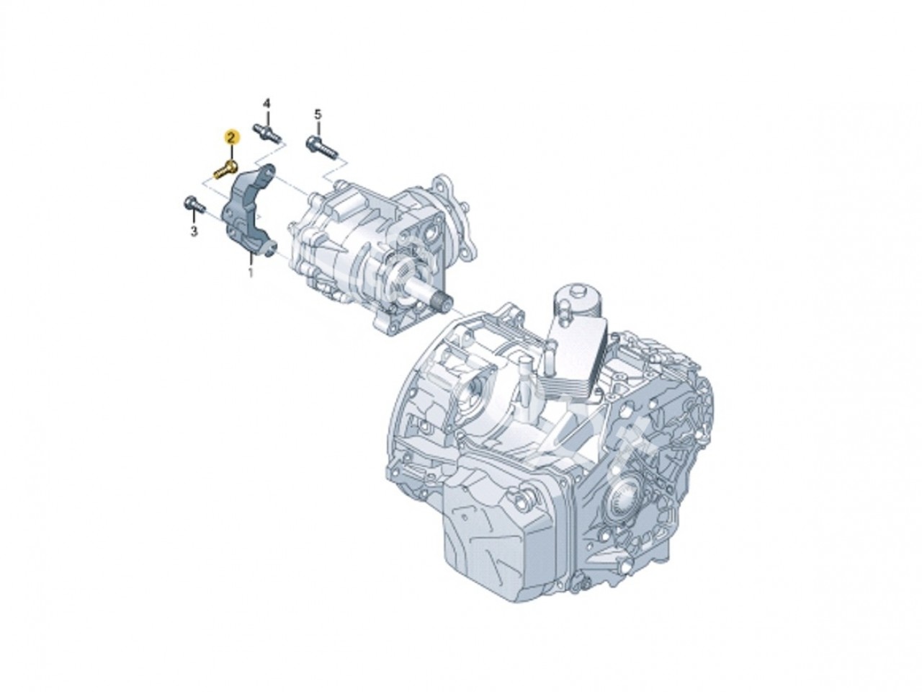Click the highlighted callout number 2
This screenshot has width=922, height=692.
[x=230, y=136]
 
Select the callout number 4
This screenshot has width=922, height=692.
[x=266, y=105]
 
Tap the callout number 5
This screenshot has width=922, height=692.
[x=317, y=114]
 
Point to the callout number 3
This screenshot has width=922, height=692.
[x=193, y=231]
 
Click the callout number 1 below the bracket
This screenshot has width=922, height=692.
[x=251, y=273]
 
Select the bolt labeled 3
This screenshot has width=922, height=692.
[x=192, y=204]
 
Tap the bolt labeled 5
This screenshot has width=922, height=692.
[x=321, y=146]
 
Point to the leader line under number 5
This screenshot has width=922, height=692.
[x=317, y=128]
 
